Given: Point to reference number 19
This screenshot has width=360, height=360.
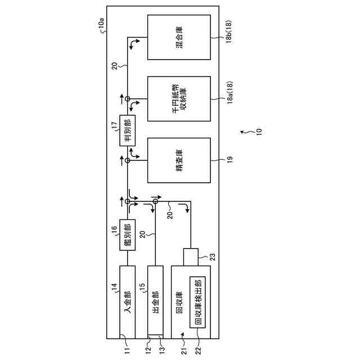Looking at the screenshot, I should [230, 160].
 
